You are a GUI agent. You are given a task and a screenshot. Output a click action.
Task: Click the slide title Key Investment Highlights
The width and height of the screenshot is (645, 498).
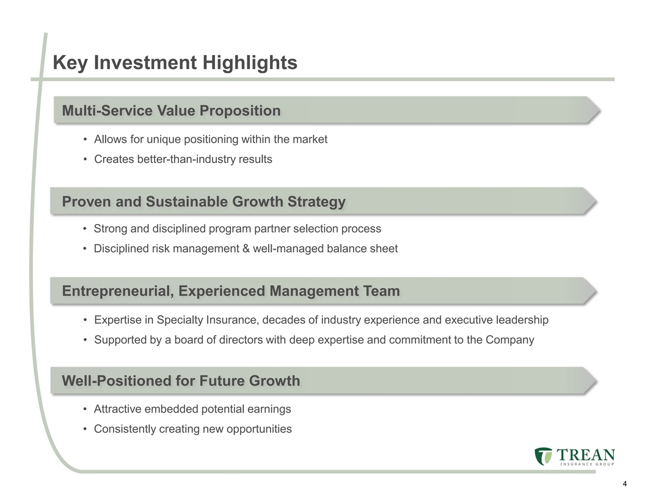click(175, 63)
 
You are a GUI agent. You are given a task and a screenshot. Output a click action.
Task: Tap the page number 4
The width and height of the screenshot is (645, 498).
click(625, 483)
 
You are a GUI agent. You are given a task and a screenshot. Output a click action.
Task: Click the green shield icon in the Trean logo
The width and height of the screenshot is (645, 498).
click(544, 456)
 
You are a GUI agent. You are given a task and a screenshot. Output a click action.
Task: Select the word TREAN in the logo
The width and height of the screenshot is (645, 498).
click(586, 455)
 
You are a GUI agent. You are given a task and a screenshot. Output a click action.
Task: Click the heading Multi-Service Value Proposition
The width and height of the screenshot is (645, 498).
click(171, 110)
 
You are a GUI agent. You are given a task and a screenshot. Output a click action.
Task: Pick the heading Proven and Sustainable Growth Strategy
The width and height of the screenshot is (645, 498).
click(203, 201)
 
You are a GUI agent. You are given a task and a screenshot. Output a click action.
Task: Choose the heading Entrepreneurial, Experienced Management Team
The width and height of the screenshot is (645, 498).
click(231, 291)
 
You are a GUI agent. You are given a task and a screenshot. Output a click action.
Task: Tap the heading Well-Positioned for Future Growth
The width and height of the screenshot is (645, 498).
click(181, 380)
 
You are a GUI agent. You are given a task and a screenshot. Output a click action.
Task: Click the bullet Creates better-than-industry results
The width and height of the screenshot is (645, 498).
click(183, 159)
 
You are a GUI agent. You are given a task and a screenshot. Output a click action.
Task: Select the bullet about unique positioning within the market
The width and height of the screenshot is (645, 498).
click(211, 139)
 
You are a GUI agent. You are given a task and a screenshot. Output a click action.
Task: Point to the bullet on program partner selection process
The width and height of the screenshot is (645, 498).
click(238, 228)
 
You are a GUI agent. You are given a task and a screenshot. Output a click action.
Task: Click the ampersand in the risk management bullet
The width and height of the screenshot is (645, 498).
click(246, 248)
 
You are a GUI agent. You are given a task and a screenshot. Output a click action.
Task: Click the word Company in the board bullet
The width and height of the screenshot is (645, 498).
click(509, 340)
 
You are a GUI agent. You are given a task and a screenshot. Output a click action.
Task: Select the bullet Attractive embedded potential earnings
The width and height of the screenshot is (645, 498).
click(192, 410)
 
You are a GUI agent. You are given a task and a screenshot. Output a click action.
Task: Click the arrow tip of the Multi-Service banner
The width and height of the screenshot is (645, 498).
click(600, 110)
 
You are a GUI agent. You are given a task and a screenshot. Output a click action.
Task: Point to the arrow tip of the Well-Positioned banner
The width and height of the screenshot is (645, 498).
click(597, 381)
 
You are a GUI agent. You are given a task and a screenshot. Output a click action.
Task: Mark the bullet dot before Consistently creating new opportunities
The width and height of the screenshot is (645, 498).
click(85, 429)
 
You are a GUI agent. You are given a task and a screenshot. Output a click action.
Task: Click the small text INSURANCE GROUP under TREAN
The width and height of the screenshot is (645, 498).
click(587, 464)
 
